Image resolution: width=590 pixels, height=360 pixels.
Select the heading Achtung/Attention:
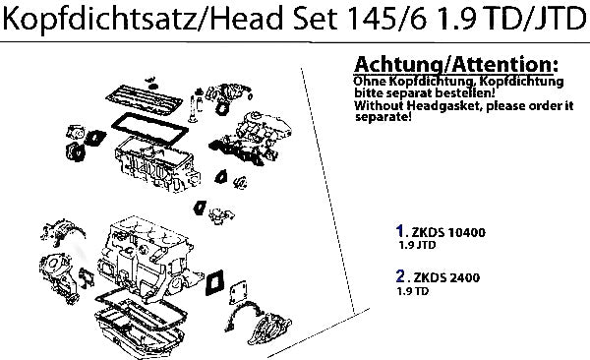tap(456, 64)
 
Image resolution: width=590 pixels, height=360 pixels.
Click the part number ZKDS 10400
tap(448, 232)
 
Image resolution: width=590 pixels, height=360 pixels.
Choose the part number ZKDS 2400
tap(446, 277)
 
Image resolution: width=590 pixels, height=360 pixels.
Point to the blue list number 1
tap(400, 231)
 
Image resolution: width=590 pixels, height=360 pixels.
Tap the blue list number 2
tap(400, 276)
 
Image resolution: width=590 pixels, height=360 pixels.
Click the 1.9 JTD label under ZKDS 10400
tap(417, 245)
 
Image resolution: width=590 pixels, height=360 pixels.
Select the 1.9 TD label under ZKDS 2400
tap(413, 291)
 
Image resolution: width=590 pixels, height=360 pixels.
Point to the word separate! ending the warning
tap(383, 117)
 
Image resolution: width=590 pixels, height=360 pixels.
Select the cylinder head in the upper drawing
tap(157, 164)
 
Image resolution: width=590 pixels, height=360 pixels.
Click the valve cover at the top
tap(145, 98)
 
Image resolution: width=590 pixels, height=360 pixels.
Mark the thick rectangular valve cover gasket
tap(149, 127)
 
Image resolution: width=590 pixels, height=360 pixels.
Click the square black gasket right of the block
tap(214, 282)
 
